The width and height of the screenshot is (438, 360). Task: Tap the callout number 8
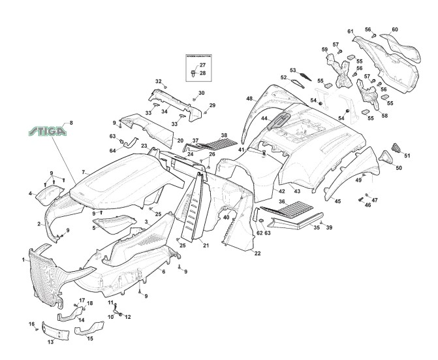[x=71, y=123]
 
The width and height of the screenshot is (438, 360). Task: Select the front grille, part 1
[x=46, y=274]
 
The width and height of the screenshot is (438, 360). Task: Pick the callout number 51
[x=407, y=155]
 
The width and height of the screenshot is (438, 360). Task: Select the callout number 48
[x=249, y=99]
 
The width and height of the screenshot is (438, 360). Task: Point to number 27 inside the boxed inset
[x=202, y=65]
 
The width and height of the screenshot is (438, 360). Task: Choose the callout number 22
[x=257, y=253]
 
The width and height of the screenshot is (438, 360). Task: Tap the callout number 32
[x=158, y=81]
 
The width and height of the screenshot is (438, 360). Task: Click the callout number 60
[x=394, y=29]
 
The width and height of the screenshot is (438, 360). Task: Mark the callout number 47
[x=375, y=199]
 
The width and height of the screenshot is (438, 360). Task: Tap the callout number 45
[x=337, y=201]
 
